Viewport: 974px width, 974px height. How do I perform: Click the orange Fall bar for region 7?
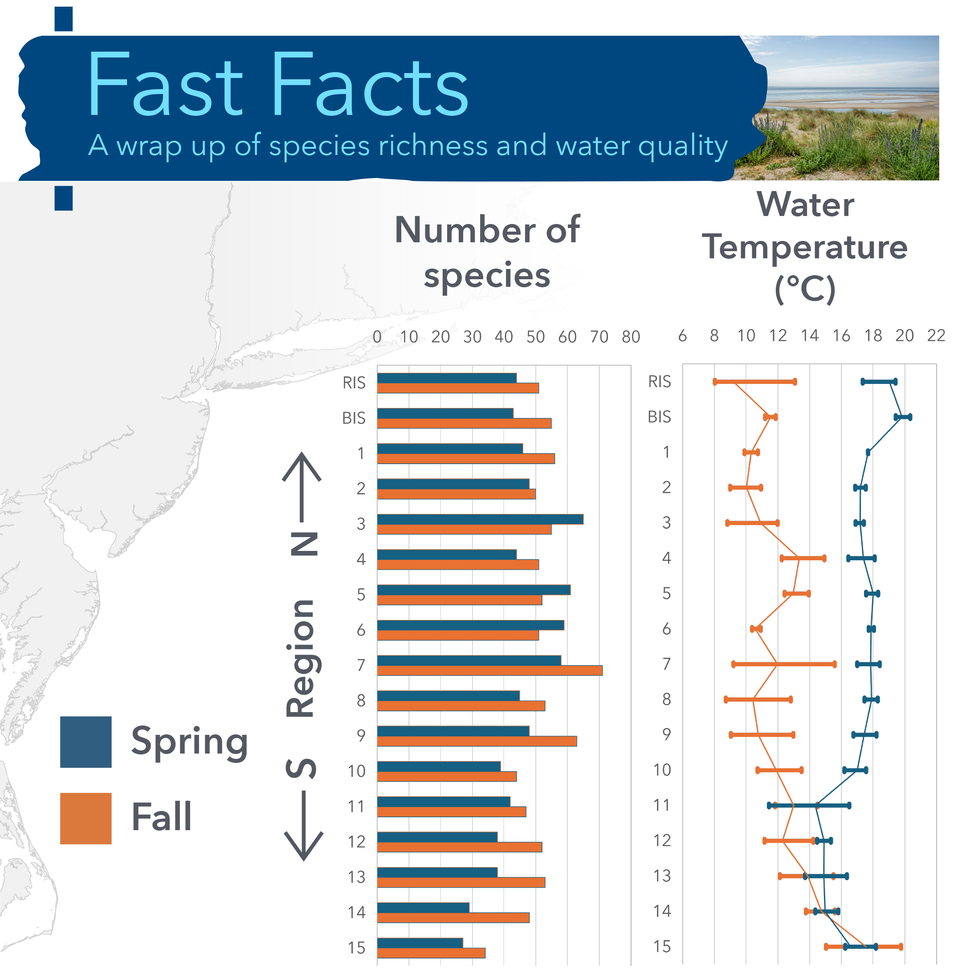tap(489, 671)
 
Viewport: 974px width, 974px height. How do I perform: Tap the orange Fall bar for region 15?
tap(431, 953)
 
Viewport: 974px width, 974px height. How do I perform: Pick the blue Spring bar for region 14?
tap(423, 908)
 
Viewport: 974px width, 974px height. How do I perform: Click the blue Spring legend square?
tap(86, 742)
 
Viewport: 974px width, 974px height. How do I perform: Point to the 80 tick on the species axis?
tap(631, 337)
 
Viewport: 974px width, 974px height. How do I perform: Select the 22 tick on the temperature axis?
tap(936, 336)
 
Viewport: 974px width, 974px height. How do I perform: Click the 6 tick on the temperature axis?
tap(683, 336)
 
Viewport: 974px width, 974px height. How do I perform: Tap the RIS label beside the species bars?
tap(354, 383)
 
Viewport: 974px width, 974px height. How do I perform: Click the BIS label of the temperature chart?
tap(660, 417)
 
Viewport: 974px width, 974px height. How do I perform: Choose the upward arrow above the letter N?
tap(302, 484)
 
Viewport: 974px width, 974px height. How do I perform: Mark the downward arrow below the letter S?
tap(303, 827)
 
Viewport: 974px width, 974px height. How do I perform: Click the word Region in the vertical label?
tap(301, 658)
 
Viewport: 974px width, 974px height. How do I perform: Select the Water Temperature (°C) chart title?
tap(805, 247)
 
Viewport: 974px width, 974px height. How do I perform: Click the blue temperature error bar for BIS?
tap(903, 417)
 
